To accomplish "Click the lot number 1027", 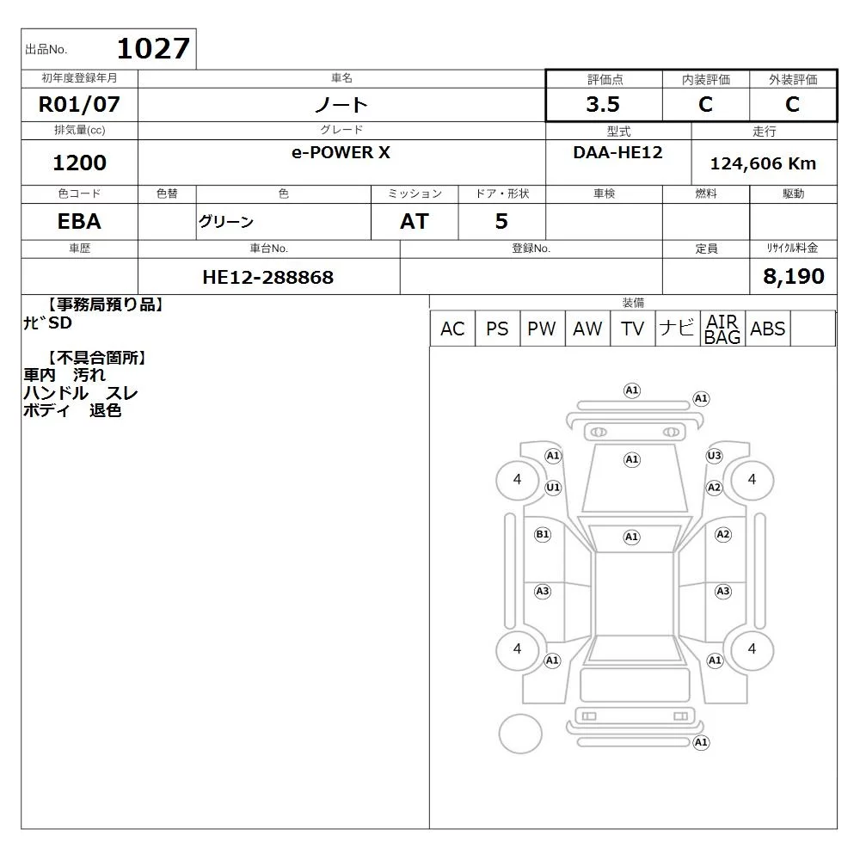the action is point(154,48).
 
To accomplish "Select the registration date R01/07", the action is point(79,104).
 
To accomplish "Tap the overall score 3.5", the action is point(603,104).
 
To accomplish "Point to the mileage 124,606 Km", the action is point(763,163).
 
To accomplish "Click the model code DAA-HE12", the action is point(617,152).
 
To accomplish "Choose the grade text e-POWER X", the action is point(341,152).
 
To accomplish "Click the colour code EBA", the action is point(79,222).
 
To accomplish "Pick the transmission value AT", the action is point(415,222).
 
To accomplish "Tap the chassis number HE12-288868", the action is point(267,277).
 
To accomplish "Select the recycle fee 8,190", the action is point(793,276).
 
